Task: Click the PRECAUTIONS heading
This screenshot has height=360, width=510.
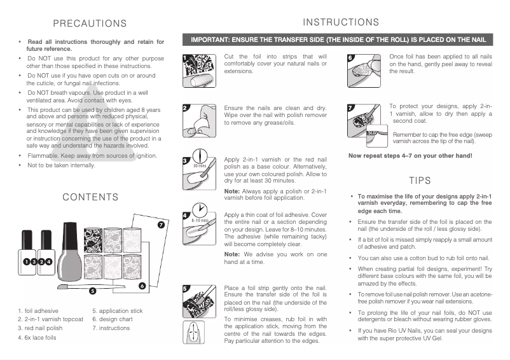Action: [90, 24]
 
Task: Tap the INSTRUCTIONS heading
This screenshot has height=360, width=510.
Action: [341, 22]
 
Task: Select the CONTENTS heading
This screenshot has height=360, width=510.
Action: [90, 197]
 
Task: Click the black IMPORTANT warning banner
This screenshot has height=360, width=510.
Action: [337, 39]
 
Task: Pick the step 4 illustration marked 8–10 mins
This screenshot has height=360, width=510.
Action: [198, 219]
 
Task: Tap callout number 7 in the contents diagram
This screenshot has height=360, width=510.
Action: [161, 225]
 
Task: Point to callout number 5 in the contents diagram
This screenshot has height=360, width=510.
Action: [92, 291]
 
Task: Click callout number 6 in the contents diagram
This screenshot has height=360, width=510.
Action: [142, 286]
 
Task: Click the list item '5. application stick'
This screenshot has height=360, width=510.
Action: [117, 310]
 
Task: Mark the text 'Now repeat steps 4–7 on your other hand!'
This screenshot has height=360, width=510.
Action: [410, 156]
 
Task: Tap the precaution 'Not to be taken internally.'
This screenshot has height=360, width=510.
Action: [61, 165]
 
